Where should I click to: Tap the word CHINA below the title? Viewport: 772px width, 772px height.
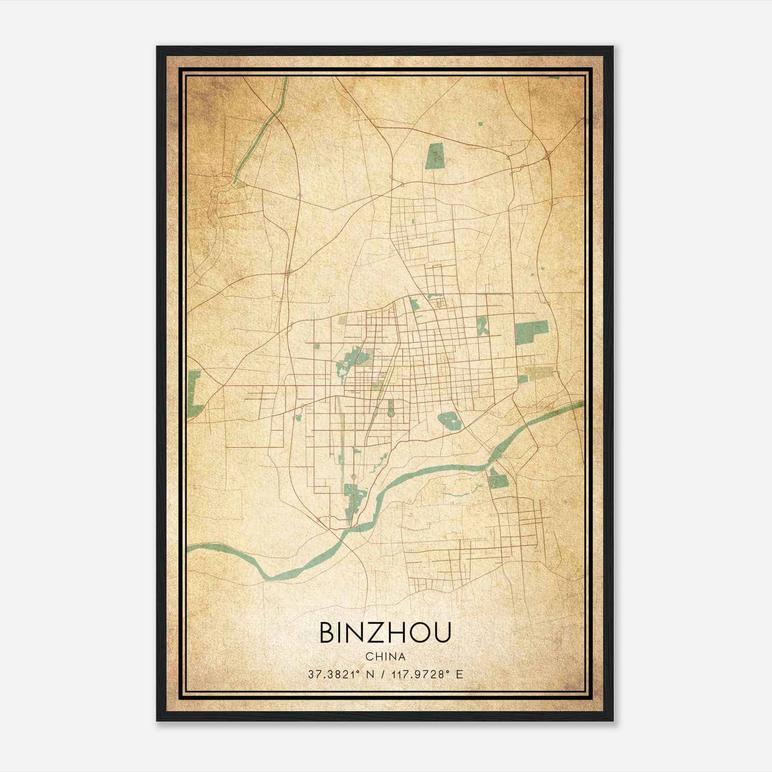(x=385, y=657)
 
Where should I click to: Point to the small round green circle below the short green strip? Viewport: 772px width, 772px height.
(x=390, y=414)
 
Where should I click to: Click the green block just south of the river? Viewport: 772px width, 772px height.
(x=498, y=479)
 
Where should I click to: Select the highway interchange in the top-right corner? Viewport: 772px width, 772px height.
(x=548, y=154)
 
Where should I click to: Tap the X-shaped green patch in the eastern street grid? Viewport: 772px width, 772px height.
(x=482, y=326)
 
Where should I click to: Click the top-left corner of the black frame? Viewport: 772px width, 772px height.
(x=158, y=47)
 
